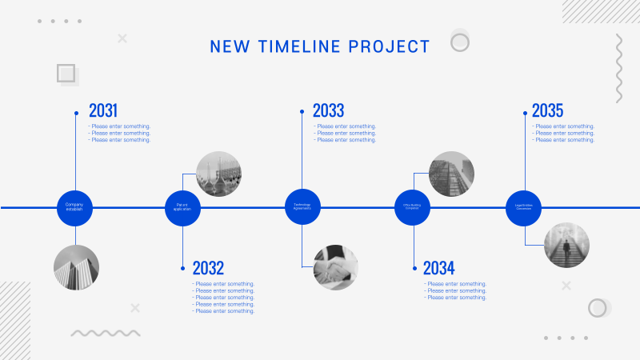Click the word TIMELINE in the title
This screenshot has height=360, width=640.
click(x=302, y=46)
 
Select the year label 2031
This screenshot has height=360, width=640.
click(x=103, y=110)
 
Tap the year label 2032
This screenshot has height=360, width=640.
click(x=208, y=268)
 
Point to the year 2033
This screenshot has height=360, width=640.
click(x=328, y=110)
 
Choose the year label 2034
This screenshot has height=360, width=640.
click(x=438, y=268)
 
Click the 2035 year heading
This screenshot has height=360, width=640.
click(x=547, y=110)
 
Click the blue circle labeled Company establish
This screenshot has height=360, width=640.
click(x=74, y=207)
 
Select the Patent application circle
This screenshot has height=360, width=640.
click(x=182, y=207)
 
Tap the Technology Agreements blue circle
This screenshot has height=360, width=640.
click(x=302, y=207)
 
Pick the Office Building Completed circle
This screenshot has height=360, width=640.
click(x=412, y=207)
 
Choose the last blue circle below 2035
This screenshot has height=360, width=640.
click(x=524, y=207)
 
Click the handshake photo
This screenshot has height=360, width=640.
click(x=335, y=267)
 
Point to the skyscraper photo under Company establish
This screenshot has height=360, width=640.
click(x=76, y=267)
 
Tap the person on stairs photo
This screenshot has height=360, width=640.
click(x=566, y=245)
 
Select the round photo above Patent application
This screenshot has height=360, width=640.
click(x=219, y=174)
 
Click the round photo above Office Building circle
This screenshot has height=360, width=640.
click(x=451, y=174)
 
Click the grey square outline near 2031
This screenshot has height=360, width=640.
click(x=67, y=74)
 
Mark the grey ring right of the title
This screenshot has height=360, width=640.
click(x=459, y=42)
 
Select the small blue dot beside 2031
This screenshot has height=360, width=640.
click(x=76, y=113)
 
